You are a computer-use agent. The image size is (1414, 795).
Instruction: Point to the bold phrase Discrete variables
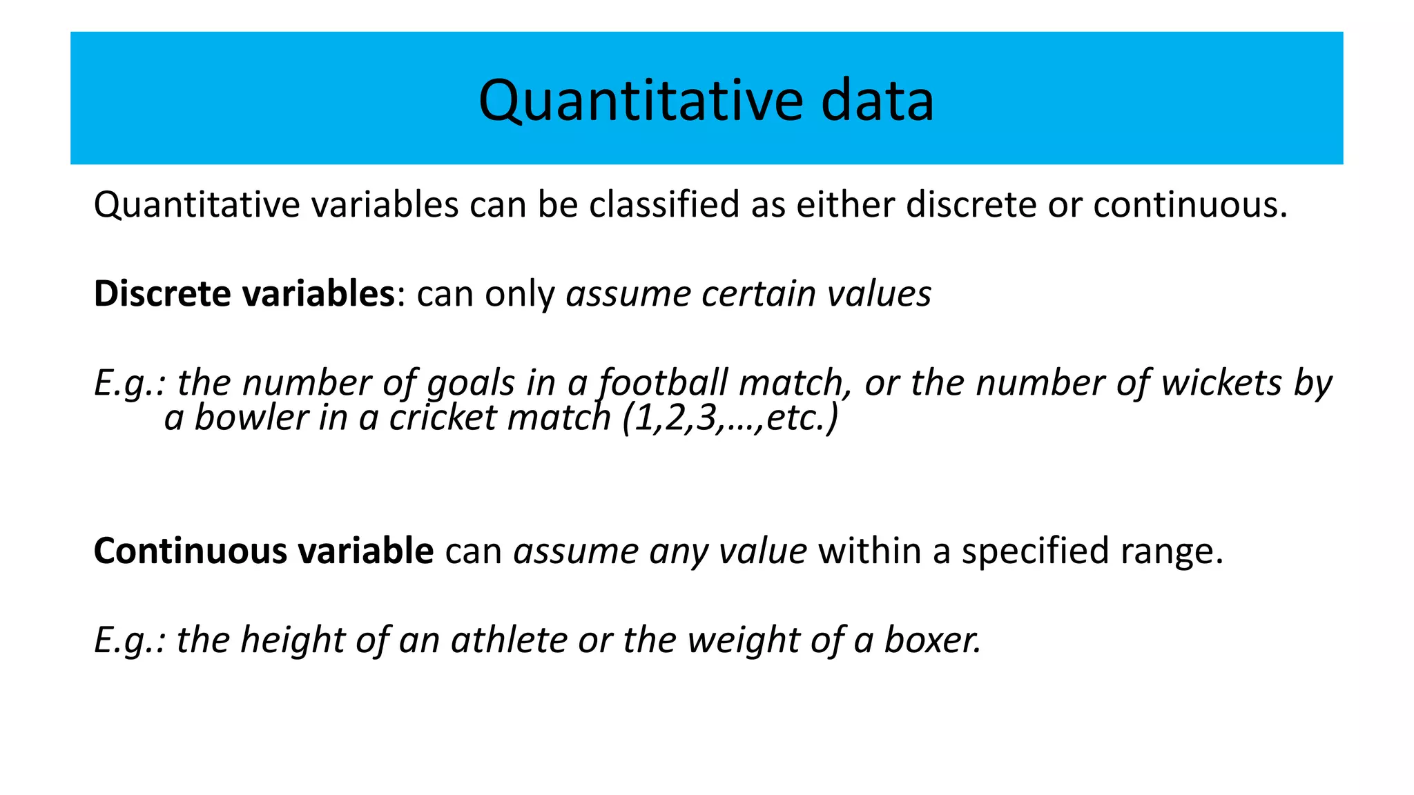244,294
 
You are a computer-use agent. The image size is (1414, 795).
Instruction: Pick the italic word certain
759,294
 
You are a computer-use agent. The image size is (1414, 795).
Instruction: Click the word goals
470,383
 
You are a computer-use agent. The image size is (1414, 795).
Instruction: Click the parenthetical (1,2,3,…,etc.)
730,418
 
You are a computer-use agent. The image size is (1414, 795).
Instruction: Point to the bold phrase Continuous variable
263,551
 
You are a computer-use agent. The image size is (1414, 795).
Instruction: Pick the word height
292,640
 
